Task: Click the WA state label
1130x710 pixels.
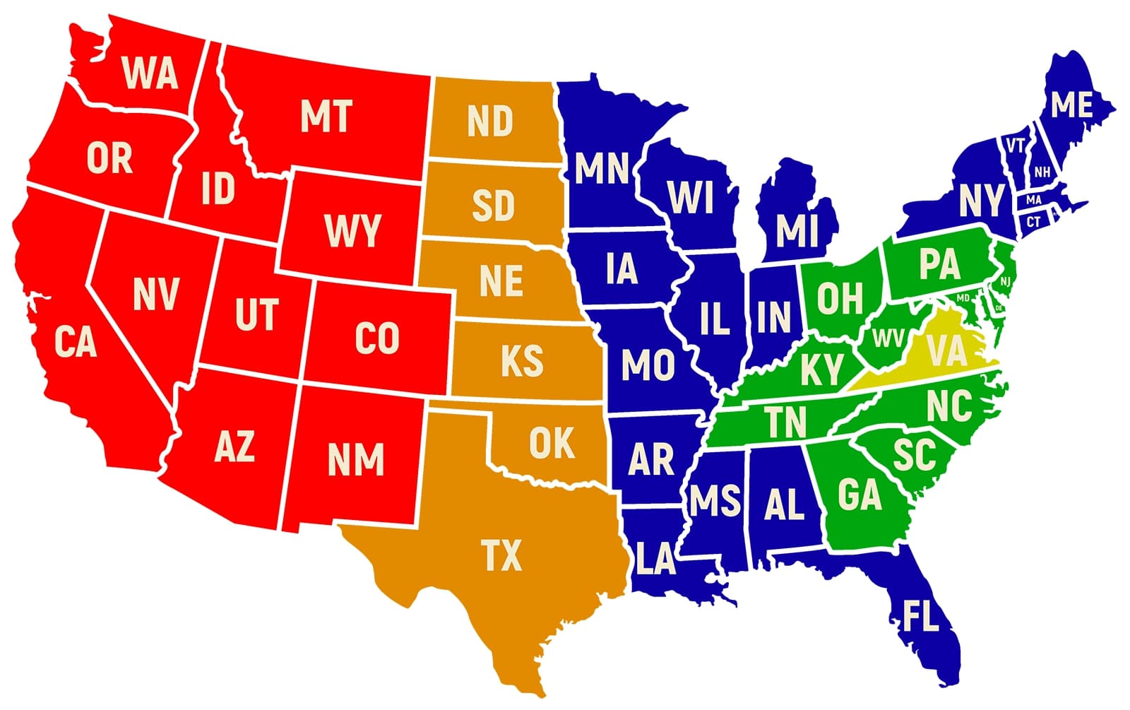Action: pos(150,72)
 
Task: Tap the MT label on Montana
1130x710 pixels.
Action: pos(326,117)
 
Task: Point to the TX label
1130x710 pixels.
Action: pos(501,555)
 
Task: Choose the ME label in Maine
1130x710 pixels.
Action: pos(1071,105)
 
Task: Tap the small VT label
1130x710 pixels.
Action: pos(1016,146)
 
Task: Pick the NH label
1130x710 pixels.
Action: pos(1042,172)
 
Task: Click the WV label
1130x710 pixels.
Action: pos(888,338)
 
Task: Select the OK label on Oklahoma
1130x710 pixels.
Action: pos(552,443)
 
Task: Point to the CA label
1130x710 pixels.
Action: pos(75,343)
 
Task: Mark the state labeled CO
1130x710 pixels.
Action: pos(376,338)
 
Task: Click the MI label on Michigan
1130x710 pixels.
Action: pos(797,230)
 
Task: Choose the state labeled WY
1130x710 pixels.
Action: pos(352,231)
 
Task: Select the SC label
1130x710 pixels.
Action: pos(914,455)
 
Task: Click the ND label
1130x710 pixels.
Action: pos(490,122)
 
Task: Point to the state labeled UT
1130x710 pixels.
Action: pos(256,314)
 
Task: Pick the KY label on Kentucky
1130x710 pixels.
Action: pos(821,369)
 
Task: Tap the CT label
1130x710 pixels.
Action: pos(1033,222)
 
